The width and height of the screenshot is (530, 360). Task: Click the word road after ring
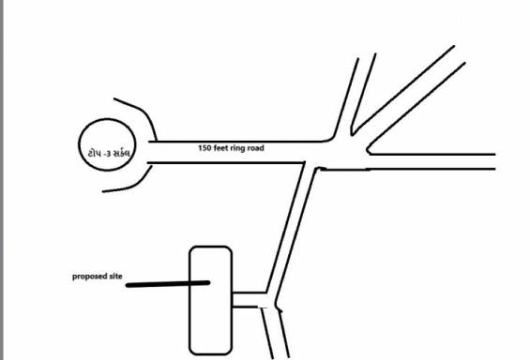click(x=268, y=148)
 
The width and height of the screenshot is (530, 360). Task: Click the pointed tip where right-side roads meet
click(x=368, y=148)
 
